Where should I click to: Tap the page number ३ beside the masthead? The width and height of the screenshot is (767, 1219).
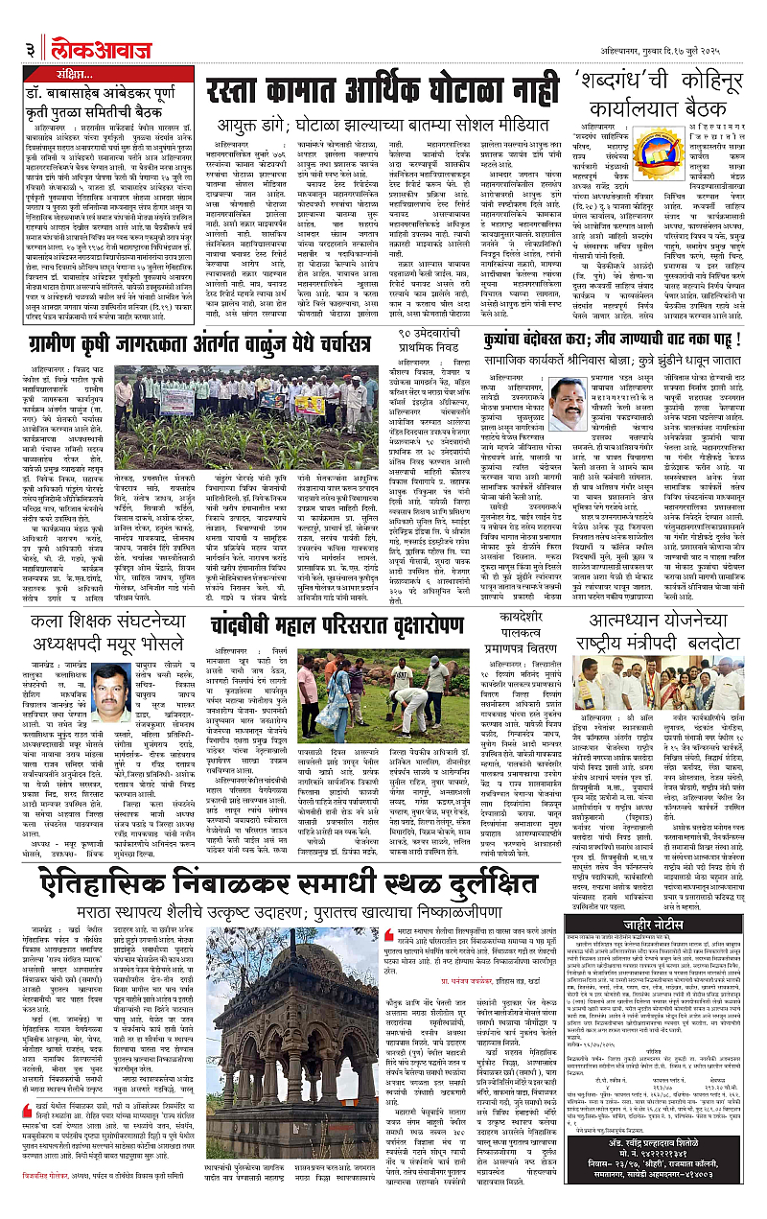click(33, 20)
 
